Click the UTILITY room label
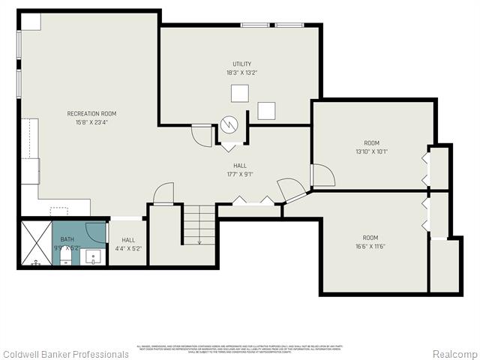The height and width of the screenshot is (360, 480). (x=241, y=64)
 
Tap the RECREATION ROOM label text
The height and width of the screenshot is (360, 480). (x=91, y=114)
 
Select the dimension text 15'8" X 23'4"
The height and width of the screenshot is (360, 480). (x=91, y=123)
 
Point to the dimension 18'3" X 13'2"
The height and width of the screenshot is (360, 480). (x=241, y=73)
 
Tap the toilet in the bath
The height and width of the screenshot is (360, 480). (x=66, y=258)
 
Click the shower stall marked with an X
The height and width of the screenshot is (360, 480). (x=35, y=242)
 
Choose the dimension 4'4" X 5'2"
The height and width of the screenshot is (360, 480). (x=127, y=248)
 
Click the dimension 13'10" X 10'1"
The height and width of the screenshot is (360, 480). (x=371, y=151)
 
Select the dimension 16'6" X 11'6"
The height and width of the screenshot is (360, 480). (x=370, y=246)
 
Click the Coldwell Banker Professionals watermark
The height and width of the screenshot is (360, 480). (x=65, y=354)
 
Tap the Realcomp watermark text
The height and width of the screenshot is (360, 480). (x=454, y=354)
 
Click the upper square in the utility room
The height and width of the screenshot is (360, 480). (x=239, y=93)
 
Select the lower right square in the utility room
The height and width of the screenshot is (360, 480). (x=267, y=110)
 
